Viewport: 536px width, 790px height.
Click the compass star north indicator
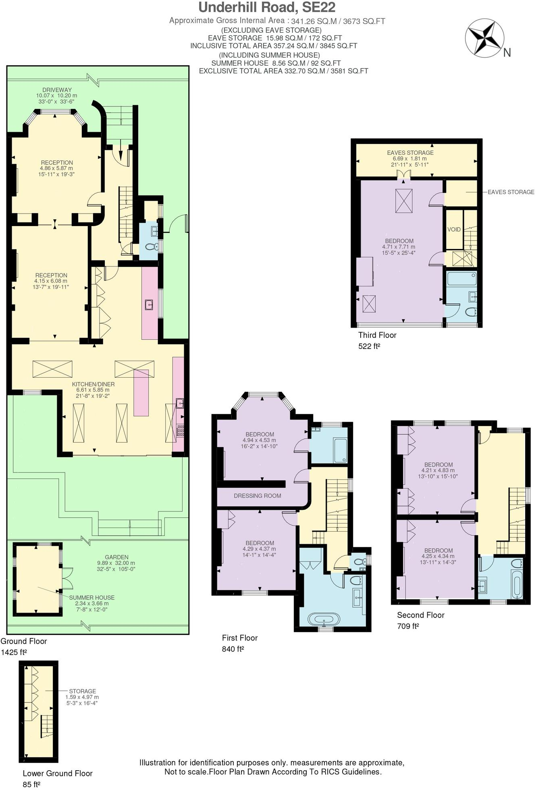tap(484, 38)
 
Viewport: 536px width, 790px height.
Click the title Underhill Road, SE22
tap(267, 7)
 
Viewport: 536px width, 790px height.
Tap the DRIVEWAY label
tap(57, 90)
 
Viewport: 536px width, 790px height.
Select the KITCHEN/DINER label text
tap(93, 384)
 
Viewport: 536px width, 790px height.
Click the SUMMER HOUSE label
tap(91, 597)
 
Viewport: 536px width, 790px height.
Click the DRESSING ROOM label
tap(257, 496)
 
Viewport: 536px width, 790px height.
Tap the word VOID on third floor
tap(454, 229)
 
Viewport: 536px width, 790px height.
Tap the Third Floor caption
tap(377, 335)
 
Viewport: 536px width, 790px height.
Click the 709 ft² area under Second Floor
tap(408, 626)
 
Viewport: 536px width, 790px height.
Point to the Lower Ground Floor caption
tap(58, 773)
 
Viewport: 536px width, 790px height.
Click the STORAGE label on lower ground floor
tap(82, 691)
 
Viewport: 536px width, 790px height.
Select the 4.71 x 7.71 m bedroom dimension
tap(398, 247)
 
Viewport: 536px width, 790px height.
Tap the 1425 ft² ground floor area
tap(14, 652)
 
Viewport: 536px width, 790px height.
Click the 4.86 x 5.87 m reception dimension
tap(56, 168)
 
